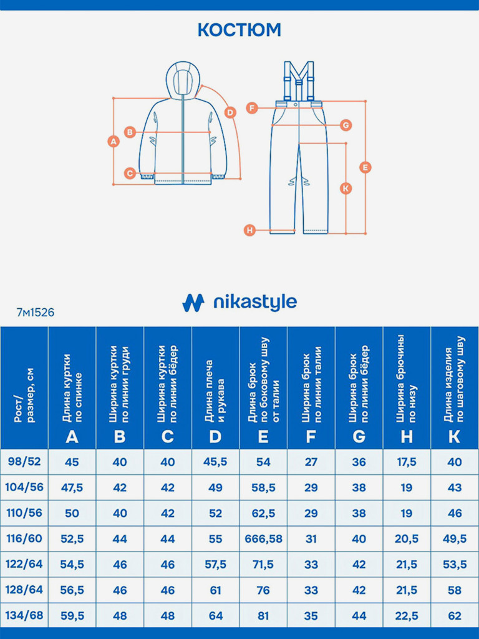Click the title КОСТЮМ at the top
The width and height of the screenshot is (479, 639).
click(239, 30)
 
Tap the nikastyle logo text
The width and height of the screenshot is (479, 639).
click(254, 303)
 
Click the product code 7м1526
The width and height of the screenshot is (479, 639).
click(36, 313)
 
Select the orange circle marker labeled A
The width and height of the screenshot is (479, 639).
click(113, 141)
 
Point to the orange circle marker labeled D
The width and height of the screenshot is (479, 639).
click(230, 112)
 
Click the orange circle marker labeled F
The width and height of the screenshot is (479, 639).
click(251, 108)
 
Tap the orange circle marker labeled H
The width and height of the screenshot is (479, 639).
click(249, 230)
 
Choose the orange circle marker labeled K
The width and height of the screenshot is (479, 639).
click(346, 188)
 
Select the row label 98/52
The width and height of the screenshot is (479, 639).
click(24, 462)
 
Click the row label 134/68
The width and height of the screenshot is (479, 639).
click(24, 615)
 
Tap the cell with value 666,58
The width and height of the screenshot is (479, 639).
click(263, 539)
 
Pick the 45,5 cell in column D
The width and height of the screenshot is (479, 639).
click(215, 462)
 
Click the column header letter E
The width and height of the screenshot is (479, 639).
click(263, 436)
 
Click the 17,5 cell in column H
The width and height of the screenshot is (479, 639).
click(407, 462)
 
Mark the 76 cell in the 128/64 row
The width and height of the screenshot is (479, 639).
click(263, 590)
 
